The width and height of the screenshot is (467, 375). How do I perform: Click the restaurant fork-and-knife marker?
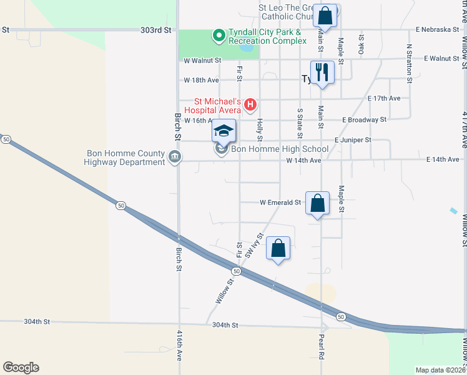coord(322,72)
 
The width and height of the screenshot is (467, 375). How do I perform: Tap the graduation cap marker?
coord(224,131)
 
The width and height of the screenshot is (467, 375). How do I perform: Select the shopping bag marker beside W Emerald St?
coord(318,203)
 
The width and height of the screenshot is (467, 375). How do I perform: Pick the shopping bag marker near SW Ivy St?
coord(278,248)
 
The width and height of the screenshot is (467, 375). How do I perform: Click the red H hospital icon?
coord(250,104)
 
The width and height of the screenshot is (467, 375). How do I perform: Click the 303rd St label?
coord(156,29)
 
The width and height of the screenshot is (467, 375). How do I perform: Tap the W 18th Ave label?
coord(202,81)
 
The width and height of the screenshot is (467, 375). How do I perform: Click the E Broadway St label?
coord(364,119)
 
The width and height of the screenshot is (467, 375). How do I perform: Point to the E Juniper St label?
coord(353,140)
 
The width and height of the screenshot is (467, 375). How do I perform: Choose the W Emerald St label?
coord(280,202)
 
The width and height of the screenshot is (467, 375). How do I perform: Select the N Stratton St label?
coord(409,63)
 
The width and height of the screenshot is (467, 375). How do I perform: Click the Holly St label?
coord(260,129)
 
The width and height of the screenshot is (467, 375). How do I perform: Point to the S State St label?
coord(300,119)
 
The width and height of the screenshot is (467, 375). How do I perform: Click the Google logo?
coord(21,367)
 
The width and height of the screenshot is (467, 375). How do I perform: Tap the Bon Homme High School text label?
coord(280,149)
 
